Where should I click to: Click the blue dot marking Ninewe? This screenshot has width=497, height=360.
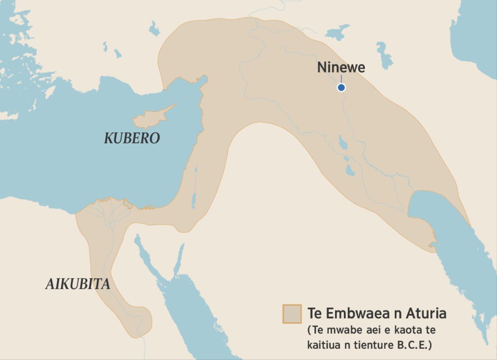[341, 87]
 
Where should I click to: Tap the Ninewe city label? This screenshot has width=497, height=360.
[341, 68]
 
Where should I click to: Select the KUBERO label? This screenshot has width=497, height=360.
[132, 138]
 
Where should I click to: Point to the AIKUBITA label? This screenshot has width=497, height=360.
[78, 284]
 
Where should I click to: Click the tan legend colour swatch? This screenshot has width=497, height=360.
[292, 314]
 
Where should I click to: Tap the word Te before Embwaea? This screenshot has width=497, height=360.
[315, 314]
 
